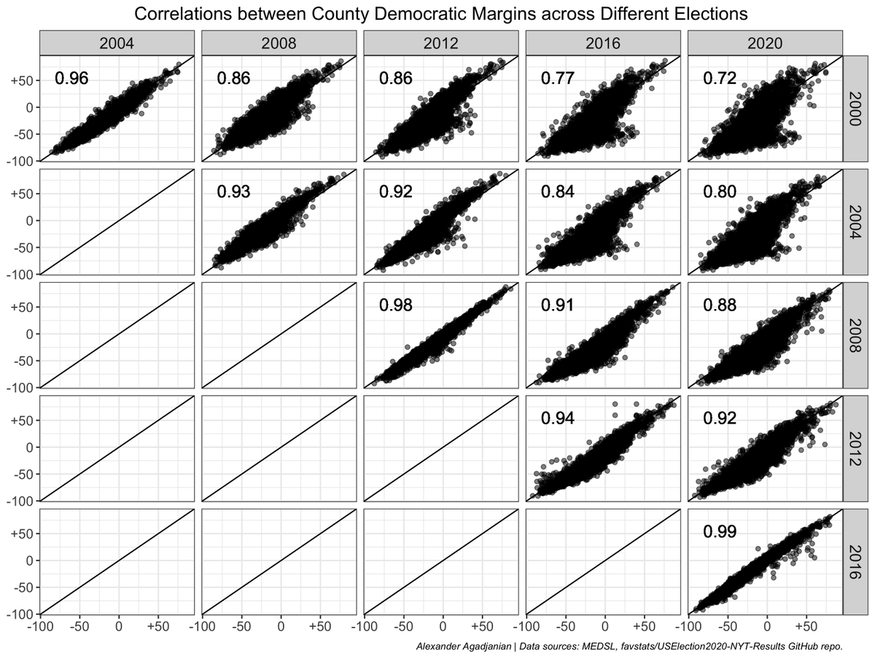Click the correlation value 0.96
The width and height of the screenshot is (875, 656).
[71, 79]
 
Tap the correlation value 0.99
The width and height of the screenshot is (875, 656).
[719, 531]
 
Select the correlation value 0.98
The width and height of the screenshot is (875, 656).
[395, 305]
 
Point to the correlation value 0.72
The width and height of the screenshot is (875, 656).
[719, 79]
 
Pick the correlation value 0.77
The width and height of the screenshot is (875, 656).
[557, 79]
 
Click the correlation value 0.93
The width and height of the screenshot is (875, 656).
[233, 192]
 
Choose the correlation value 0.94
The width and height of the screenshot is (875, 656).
[557, 418]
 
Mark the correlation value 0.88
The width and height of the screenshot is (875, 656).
[719, 305]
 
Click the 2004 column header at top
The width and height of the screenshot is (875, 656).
[117, 44]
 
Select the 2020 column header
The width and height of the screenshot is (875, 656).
[764, 44]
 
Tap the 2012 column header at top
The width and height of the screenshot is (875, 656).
[440, 44]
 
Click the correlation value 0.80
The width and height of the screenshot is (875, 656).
[719, 192]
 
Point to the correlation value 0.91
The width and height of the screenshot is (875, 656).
[557, 305]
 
